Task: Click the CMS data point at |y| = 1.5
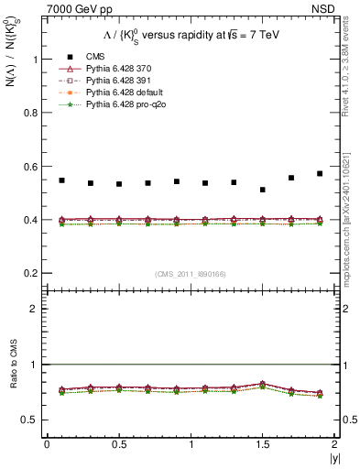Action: [263, 190]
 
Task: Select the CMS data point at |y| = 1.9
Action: [320, 173]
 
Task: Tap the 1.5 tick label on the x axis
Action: [262, 444]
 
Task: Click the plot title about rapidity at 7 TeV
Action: [189, 36]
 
